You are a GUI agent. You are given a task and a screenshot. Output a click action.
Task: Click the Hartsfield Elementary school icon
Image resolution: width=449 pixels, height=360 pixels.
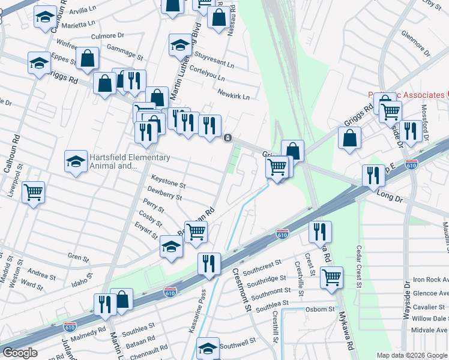coord(76,161)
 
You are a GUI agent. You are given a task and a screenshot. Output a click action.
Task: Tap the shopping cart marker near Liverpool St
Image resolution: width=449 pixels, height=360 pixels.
coord(33,193)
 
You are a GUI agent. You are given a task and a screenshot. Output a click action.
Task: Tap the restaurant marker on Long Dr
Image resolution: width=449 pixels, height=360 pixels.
coord(373,175)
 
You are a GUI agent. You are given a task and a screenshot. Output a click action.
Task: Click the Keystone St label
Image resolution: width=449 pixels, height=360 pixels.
coord(168,178)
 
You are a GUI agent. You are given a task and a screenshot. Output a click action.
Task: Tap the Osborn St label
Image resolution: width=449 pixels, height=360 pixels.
coord(321,308)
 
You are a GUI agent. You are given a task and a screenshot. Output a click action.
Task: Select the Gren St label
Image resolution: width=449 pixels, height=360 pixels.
coord(78,258)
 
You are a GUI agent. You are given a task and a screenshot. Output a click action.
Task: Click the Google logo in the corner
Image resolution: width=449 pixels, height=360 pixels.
coord(20,353)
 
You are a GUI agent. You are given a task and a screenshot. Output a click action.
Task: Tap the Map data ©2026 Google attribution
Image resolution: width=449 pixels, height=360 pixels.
coord(412,355)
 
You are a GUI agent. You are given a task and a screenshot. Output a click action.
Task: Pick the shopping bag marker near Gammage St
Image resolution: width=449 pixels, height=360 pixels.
coord(87,58)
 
